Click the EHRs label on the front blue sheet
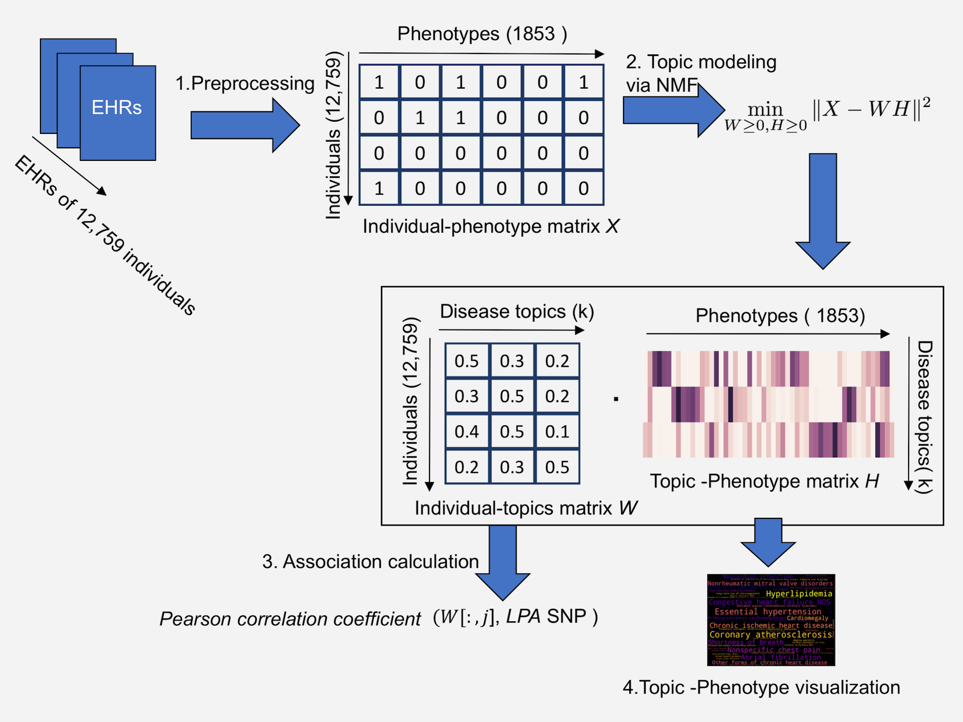point(117,107)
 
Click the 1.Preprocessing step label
point(245,83)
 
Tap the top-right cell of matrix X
point(583,82)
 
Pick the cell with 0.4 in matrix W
point(466,432)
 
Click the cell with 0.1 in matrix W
point(557,432)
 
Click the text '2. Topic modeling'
point(701,62)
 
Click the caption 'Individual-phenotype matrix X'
point(490,226)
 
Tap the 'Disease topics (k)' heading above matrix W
point(517,312)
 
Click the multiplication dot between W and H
point(616,399)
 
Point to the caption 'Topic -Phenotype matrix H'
point(764,481)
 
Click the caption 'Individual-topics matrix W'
point(526,508)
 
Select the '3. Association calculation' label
point(370,562)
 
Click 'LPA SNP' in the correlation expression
point(546,617)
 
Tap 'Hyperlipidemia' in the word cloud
point(799,593)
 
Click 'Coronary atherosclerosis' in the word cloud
point(770,634)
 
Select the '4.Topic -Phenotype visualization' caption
point(761,687)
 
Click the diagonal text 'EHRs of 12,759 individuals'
point(105,235)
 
